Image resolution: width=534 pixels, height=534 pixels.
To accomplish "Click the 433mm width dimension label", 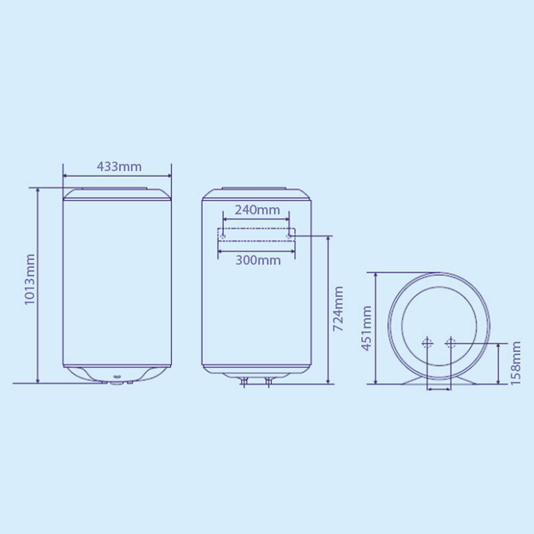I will point(119,166).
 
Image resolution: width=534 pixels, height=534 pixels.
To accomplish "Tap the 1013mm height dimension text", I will point(30,279).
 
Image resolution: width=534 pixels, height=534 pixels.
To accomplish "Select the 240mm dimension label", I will point(257,210).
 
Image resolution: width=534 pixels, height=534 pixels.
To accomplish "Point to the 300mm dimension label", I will point(258,260).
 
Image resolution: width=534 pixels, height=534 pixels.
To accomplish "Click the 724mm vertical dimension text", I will point(338,309).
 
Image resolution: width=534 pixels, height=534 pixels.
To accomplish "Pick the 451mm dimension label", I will point(366,328).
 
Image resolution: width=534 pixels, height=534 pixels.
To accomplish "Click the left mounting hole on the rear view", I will point(224,236).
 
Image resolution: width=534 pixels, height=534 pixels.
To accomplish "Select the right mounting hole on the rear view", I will point(289,236).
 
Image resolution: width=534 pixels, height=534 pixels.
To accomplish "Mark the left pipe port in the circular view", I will point(427,343).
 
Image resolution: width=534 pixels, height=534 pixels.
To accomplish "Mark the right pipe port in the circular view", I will point(451,343).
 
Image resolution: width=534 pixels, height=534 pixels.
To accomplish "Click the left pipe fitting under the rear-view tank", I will point(245,381).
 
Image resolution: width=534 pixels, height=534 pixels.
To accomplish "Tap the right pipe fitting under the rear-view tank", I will point(268,381).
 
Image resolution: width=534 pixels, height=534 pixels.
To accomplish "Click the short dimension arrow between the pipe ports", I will point(439,388).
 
